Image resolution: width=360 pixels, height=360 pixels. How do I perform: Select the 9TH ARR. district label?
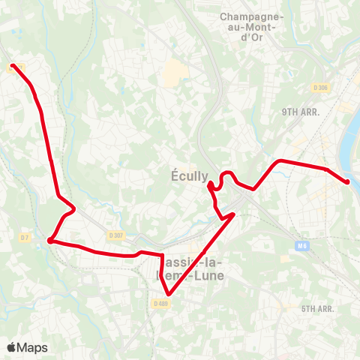click(x=301, y=112)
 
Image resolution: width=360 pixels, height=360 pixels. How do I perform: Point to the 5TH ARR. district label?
click(x=320, y=308)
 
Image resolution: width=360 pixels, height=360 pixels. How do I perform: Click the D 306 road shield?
click(x=321, y=88)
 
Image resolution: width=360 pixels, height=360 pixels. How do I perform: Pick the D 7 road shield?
click(x=25, y=237)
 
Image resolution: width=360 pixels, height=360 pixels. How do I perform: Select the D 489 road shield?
click(x=160, y=303)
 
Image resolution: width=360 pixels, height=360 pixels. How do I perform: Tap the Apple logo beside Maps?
click(x=12, y=347)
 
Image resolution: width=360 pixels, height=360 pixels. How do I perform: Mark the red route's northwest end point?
click(x=13, y=66)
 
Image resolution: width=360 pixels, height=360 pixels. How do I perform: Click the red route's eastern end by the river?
click(x=347, y=181)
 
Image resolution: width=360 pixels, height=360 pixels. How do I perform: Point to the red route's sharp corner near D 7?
click(x=49, y=241)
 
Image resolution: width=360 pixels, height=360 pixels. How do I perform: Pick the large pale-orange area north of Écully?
click(x=173, y=72)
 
